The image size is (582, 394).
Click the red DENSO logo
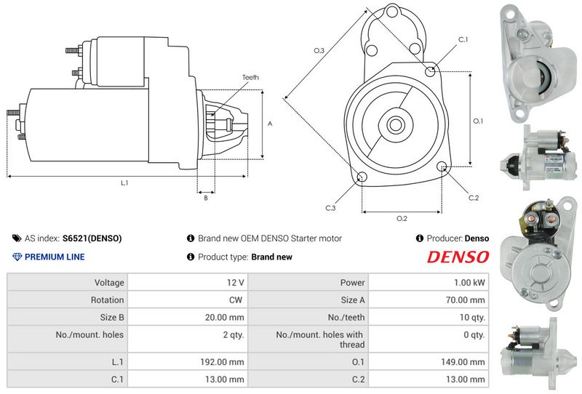coord(458,257)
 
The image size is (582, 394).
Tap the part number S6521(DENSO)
coord(92,238)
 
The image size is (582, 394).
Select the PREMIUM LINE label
coord(55,257)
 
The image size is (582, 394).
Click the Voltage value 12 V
coord(236,283)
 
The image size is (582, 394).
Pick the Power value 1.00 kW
coord(469,283)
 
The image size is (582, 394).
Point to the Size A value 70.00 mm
coord(466,300)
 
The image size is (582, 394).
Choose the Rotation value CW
coord(236,300)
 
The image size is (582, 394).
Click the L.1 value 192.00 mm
coord(223,362)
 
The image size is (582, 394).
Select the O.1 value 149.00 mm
coord(463,362)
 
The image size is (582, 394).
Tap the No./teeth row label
coord(346,318)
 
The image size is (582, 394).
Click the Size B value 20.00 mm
coord(225,318)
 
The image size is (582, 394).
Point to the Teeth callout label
coord(250,78)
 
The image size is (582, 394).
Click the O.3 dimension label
coord(319,50)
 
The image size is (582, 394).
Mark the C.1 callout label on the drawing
coord(463,40)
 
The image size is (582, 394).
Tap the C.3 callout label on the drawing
coord(330,208)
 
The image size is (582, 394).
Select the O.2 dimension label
coord(402,219)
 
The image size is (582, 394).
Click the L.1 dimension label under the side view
coord(124,183)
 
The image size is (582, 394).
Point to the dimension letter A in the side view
coord(270,124)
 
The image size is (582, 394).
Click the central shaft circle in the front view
coord(395,125)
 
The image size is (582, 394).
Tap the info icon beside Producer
coord(420,238)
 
